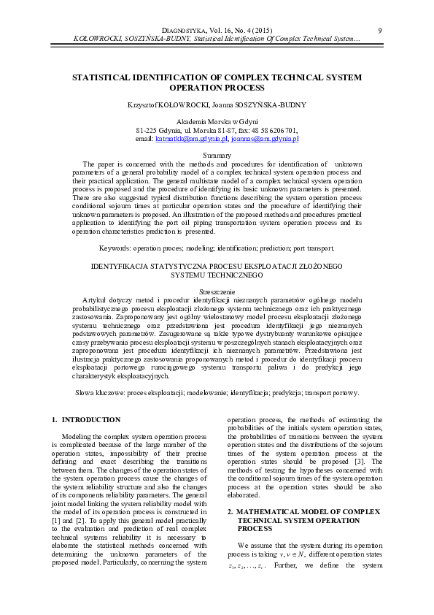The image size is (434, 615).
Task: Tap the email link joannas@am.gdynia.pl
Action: tap(265, 138)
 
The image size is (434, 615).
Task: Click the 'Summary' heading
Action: tap(217, 156)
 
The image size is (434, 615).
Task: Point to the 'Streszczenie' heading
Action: tap(217, 291)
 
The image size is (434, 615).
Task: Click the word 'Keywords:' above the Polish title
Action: tap(115, 248)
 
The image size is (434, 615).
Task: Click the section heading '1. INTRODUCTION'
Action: tap(87, 420)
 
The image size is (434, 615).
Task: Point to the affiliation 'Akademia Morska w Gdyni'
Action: tap(217, 122)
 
